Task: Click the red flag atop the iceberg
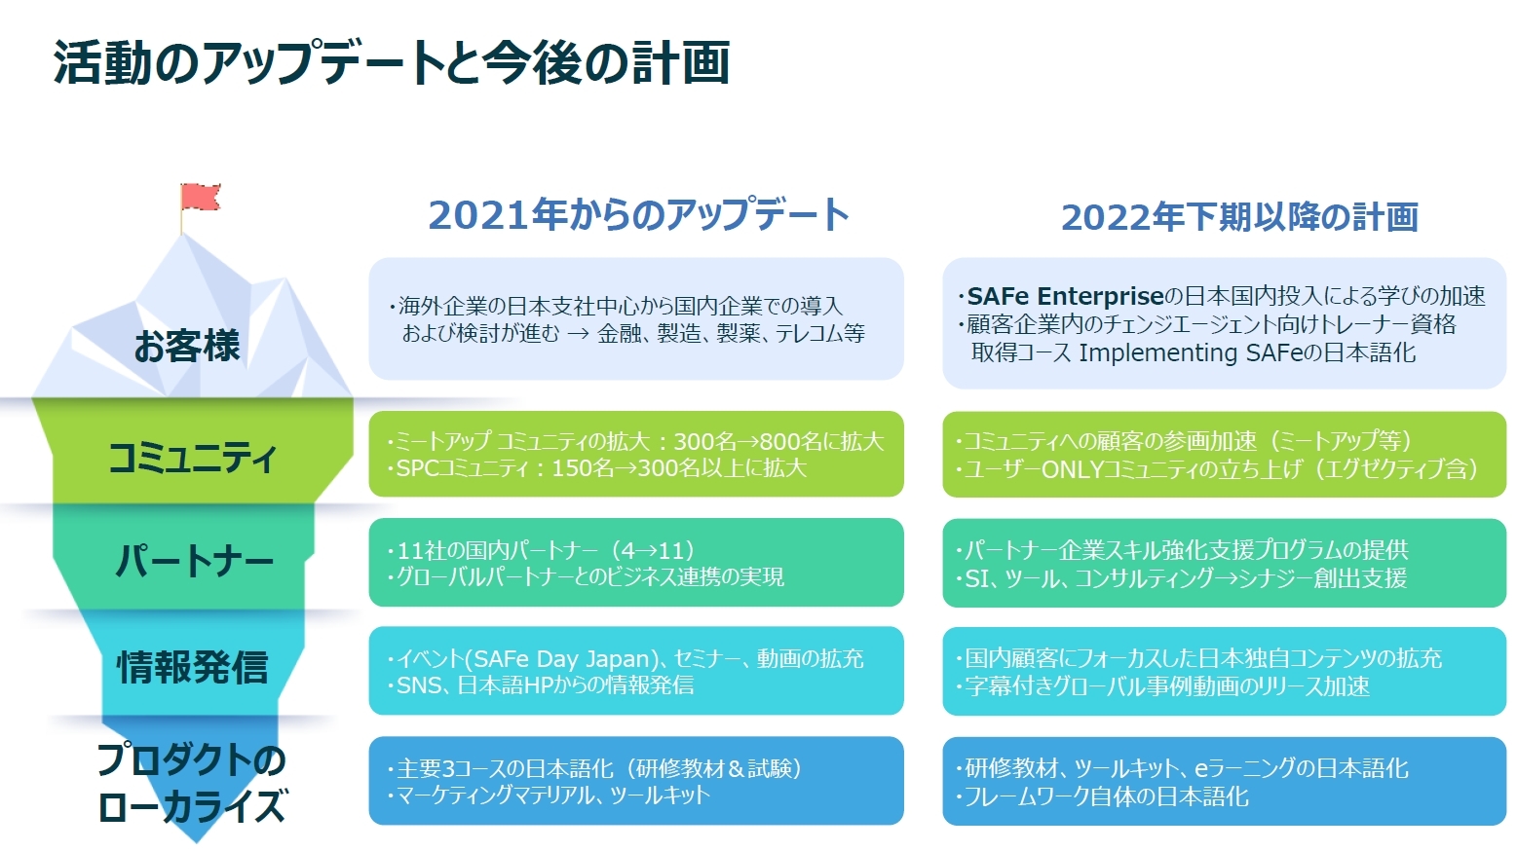[200, 197]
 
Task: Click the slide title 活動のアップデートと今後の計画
[392, 63]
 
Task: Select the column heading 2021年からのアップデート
[638, 215]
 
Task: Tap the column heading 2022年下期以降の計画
[1239, 217]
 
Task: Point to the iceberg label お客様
[187, 346]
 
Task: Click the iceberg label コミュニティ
[192, 457]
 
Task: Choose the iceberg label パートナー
[194, 561]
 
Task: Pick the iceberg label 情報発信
[193, 667]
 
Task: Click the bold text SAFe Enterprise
[1065, 296]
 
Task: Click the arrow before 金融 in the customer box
[579, 334]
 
